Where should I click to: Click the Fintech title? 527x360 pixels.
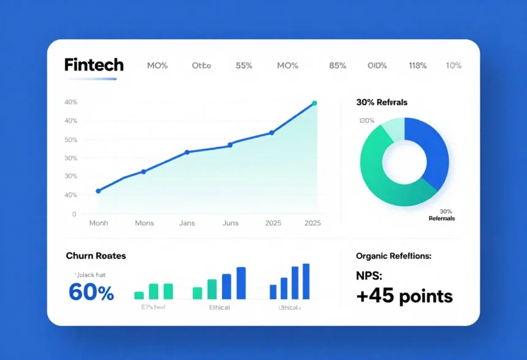point(94,66)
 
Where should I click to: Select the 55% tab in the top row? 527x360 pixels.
point(244,66)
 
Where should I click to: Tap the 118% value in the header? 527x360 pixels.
point(417,66)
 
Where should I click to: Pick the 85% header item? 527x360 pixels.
point(338,66)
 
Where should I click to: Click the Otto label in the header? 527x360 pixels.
point(201,66)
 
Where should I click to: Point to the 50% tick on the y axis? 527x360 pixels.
point(70,140)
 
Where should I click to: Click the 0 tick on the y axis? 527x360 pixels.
point(74,214)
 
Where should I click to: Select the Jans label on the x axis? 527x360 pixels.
point(187,223)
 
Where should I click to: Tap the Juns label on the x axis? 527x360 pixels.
point(230,223)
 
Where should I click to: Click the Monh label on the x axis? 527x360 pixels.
point(98,223)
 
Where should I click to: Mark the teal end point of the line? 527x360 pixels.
point(314,103)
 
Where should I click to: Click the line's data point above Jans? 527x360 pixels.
point(187,152)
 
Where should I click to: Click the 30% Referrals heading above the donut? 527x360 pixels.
point(381,102)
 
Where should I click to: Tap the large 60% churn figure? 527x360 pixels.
point(91,293)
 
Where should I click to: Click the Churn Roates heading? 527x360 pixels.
point(95,255)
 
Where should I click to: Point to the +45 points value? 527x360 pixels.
point(404,297)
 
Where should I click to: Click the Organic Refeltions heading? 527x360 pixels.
point(393,256)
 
